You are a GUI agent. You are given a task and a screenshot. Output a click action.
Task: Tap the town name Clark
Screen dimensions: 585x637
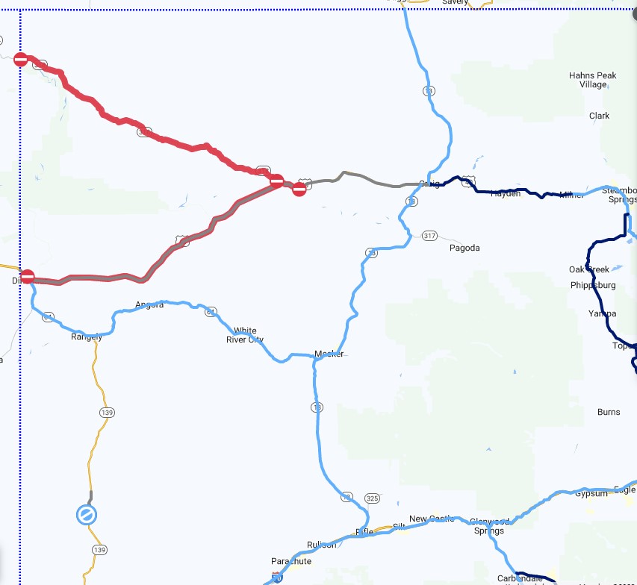point(599,116)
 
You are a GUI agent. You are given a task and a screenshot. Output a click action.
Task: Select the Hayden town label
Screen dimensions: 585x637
point(506,193)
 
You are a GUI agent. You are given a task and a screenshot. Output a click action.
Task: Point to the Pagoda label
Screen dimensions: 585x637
point(464,248)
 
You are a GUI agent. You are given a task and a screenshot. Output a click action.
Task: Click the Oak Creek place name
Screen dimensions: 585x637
point(588,269)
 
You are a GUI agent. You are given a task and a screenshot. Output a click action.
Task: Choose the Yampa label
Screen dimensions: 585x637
point(603,313)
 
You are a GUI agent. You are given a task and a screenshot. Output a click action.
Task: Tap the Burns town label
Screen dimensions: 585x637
point(609,412)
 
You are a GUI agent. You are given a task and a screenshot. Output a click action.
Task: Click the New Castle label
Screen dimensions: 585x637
point(427,519)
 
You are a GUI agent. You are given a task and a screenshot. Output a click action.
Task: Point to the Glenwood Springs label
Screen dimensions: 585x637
point(489,526)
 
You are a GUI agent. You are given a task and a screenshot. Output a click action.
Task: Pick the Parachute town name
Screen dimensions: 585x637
point(291,561)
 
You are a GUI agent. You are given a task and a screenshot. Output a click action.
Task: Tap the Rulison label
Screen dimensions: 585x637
point(322,545)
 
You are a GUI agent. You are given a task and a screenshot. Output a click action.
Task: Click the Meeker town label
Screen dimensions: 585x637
point(329,354)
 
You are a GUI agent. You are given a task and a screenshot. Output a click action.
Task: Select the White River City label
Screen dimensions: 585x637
point(245,335)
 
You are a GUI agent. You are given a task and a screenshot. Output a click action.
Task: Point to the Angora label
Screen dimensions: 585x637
point(149,304)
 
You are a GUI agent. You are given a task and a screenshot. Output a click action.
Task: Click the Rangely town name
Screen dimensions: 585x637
point(86,337)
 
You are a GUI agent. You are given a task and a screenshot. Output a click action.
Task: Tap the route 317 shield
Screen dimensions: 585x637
point(429,236)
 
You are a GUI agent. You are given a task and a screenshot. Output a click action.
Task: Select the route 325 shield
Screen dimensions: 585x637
point(372,498)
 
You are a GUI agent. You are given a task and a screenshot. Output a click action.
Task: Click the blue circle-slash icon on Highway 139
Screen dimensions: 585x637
point(87,514)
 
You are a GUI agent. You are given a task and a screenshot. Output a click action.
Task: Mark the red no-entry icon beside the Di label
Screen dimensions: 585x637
point(28,277)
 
